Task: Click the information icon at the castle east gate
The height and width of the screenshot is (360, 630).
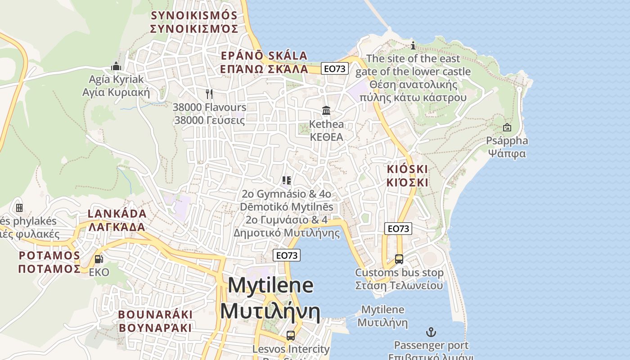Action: (x=413, y=45)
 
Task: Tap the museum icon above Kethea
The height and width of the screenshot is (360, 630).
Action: (x=326, y=111)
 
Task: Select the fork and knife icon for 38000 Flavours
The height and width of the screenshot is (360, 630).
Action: (x=209, y=94)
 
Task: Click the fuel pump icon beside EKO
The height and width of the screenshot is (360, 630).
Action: (x=99, y=259)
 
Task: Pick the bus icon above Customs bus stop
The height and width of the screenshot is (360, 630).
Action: (x=399, y=259)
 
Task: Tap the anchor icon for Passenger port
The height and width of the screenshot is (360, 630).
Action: (x=431, y=333)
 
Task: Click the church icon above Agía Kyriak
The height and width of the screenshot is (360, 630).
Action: (x=116, y=66)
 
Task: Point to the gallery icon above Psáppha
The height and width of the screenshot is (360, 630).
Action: (x=507, y=128)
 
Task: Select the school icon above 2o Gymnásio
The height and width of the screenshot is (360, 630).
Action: (x=287, y=180)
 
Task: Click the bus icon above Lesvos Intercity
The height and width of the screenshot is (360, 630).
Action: (x=291, y=336)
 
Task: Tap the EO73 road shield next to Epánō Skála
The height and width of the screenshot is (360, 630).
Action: (x=335, y=68)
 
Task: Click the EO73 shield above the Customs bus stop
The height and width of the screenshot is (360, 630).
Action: (x=398, y=229)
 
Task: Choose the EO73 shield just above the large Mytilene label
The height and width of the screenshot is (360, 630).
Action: (x=287, y=255)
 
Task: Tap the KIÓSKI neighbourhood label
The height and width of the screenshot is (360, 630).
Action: (x=407, y=170)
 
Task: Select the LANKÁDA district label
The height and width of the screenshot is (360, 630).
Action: (x=117, y=214)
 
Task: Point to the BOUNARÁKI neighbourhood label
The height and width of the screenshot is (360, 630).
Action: (x=155, y=315)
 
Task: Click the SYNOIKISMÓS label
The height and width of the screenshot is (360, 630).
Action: (x=194, y=15)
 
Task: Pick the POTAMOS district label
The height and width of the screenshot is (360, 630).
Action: (x=49, y=256)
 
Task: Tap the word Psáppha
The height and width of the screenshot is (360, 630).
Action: (x=507, y=141)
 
